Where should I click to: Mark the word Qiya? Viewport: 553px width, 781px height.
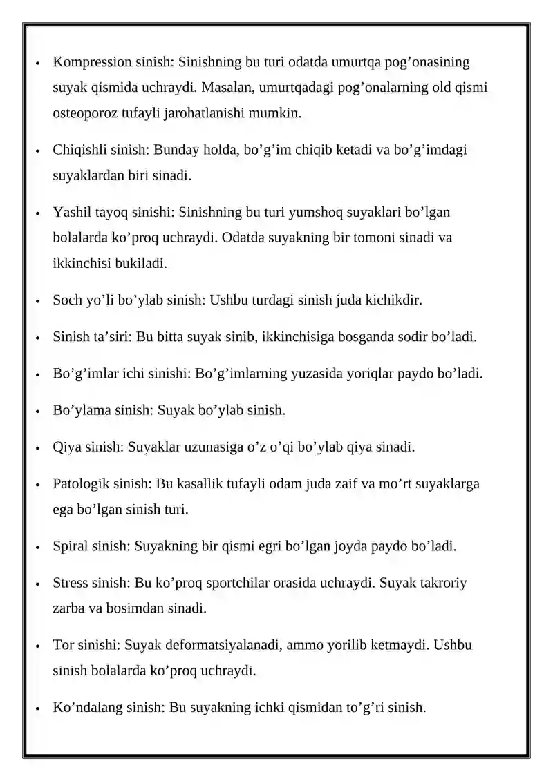(66, 447)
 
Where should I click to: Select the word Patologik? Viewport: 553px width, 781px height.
(79, 483)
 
